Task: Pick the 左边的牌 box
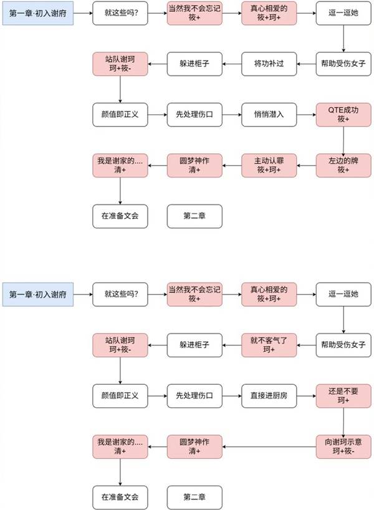pos(343,165)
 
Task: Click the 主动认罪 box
pos(268,165)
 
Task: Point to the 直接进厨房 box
pos(268,395)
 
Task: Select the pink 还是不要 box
pos(343,395)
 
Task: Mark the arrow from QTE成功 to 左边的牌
pos(343,139)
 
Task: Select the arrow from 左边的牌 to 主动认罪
pos(306,165)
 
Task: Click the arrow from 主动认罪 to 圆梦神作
pos(231,165)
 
